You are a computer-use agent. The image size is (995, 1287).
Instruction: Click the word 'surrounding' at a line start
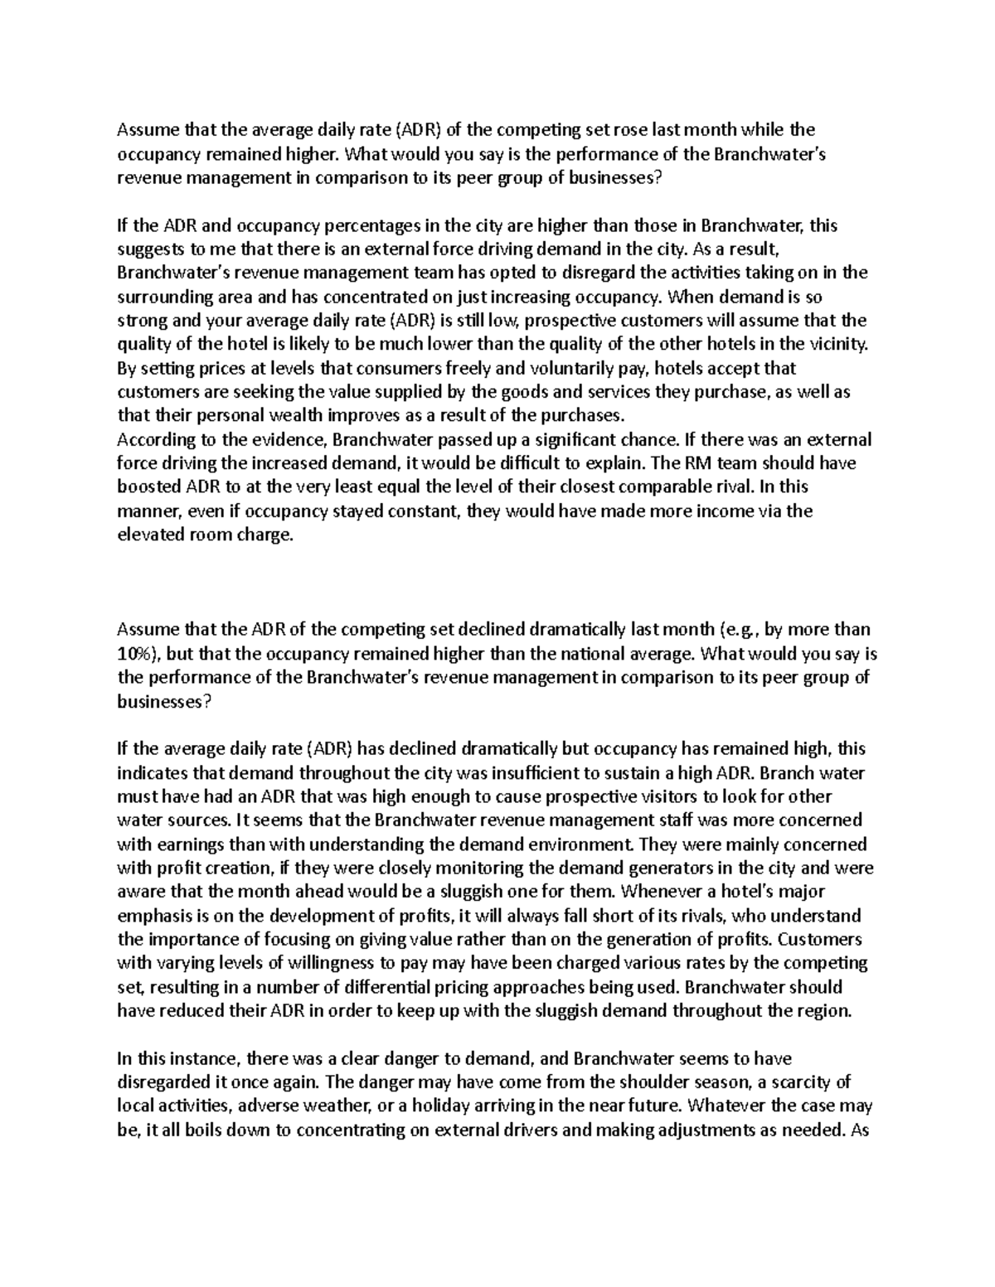coord(160,297)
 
